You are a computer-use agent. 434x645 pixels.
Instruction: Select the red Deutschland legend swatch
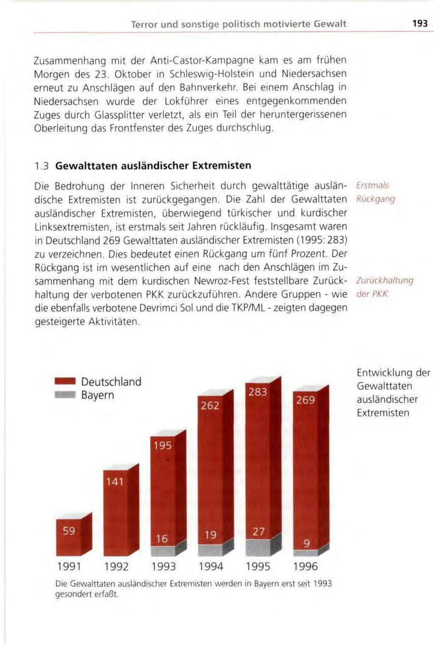click(65, 382)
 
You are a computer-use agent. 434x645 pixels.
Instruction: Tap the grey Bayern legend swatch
click(65, 396)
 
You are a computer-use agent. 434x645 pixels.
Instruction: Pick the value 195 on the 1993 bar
click(162, 446)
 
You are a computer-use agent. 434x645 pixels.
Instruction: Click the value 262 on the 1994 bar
click(210, 406)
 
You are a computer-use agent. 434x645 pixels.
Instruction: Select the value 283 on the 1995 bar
click(258, 392)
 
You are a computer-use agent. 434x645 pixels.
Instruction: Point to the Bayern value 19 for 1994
click(210, 535)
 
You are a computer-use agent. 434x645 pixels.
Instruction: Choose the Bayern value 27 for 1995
click(258, 531)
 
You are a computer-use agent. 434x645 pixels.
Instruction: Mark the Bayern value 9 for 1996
click(305, 544)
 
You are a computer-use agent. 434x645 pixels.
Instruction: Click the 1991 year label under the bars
click(68, 566)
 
